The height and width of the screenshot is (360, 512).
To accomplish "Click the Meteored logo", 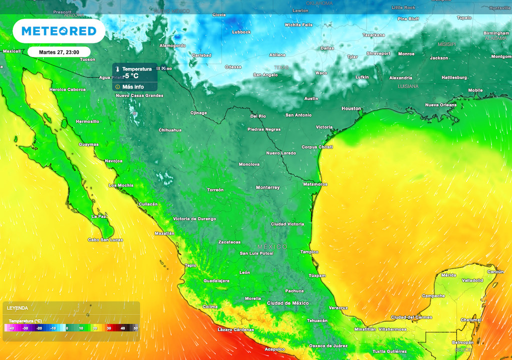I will (x=59, y=31).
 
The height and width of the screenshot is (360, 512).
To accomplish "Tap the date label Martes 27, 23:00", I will (x=59, y=51).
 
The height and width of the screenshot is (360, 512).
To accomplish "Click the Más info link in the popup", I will (x=132, y=86).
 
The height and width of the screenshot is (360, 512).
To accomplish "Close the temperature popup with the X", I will (x=163, y=68).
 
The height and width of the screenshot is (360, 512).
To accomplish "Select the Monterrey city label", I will (x=267, y=187).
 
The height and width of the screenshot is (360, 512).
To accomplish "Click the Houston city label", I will (x=351, y=108).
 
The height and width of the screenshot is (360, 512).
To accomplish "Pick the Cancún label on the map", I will (x=495, y=271).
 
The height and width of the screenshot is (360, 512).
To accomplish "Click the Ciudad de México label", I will (x=287, y=303).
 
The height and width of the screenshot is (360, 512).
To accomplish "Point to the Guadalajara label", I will (x=216, y=281).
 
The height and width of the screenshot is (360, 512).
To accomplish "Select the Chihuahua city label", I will (x=170, y=130).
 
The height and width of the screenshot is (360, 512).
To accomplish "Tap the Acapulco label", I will (x=274, y=349).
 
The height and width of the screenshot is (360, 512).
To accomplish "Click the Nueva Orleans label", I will (x=440, y=105).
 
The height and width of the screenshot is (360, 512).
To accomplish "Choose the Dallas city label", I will (x=327, y=48).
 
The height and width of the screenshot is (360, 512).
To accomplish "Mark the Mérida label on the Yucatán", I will (x=448, y=275).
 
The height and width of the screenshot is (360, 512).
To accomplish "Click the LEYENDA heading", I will (x=17, y=308).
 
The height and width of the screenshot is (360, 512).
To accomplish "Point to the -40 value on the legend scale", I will (x=11, y=328).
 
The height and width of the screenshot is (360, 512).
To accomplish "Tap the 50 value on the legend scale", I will (x=135, y=328).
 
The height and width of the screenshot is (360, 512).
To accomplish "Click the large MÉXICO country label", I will (x=272, y=247).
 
